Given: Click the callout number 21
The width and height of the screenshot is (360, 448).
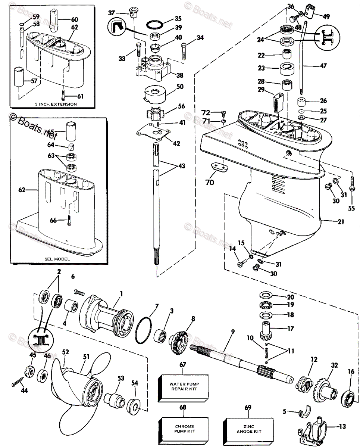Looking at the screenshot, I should [340, 222].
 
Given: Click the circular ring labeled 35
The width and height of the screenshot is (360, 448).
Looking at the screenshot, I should [153, 25].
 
